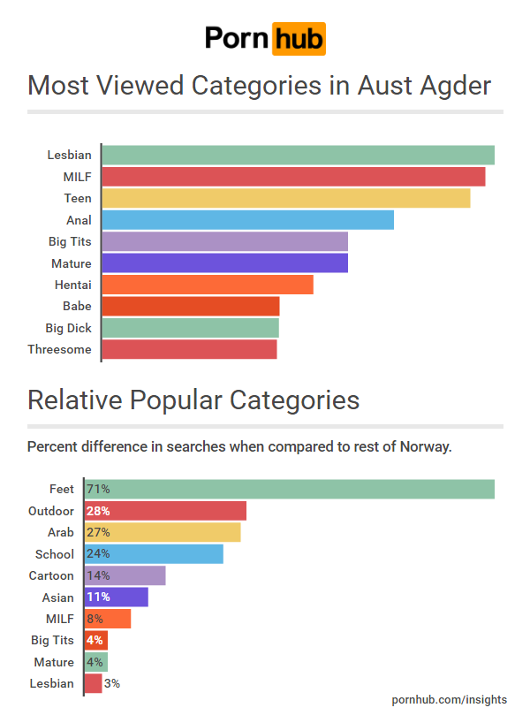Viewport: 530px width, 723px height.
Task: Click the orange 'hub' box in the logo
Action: [x=299, y=39]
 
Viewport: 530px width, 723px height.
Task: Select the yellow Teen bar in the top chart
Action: [x=285, y=198]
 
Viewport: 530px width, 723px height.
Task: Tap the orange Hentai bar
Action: [x=208, y=285]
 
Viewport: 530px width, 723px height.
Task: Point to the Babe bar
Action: [x=191, y=306]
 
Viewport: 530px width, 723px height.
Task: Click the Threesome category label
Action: [x=59, y=349]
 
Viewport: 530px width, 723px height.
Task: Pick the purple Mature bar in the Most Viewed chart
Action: [x=224, y=263]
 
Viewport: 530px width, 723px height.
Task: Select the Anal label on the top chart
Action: [x=79, y=220]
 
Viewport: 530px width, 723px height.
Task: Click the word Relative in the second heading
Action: [x=74, y=400]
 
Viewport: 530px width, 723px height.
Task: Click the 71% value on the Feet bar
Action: [x=98, y=489]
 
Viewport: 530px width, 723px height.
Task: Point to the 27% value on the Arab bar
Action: [x=98, y=532]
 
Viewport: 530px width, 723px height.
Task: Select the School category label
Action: [x=55, y=554]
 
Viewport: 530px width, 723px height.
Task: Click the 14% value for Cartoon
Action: [x=98, y=575]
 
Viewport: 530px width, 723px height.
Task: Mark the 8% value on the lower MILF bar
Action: [x=95, y=619]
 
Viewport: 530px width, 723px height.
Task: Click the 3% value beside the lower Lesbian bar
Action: [x=112, y=683]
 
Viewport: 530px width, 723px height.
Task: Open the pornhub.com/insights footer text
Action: [x=450, y=699]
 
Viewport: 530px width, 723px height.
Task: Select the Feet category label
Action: [x=62, y=489]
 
